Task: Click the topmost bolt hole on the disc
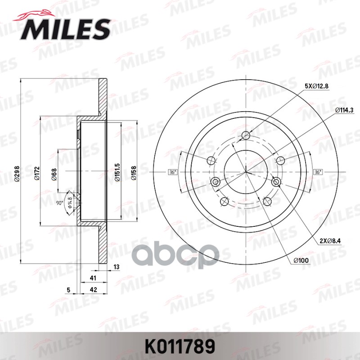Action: click(x=246, y=135)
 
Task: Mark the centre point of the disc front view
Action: click(x=246, y=172)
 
